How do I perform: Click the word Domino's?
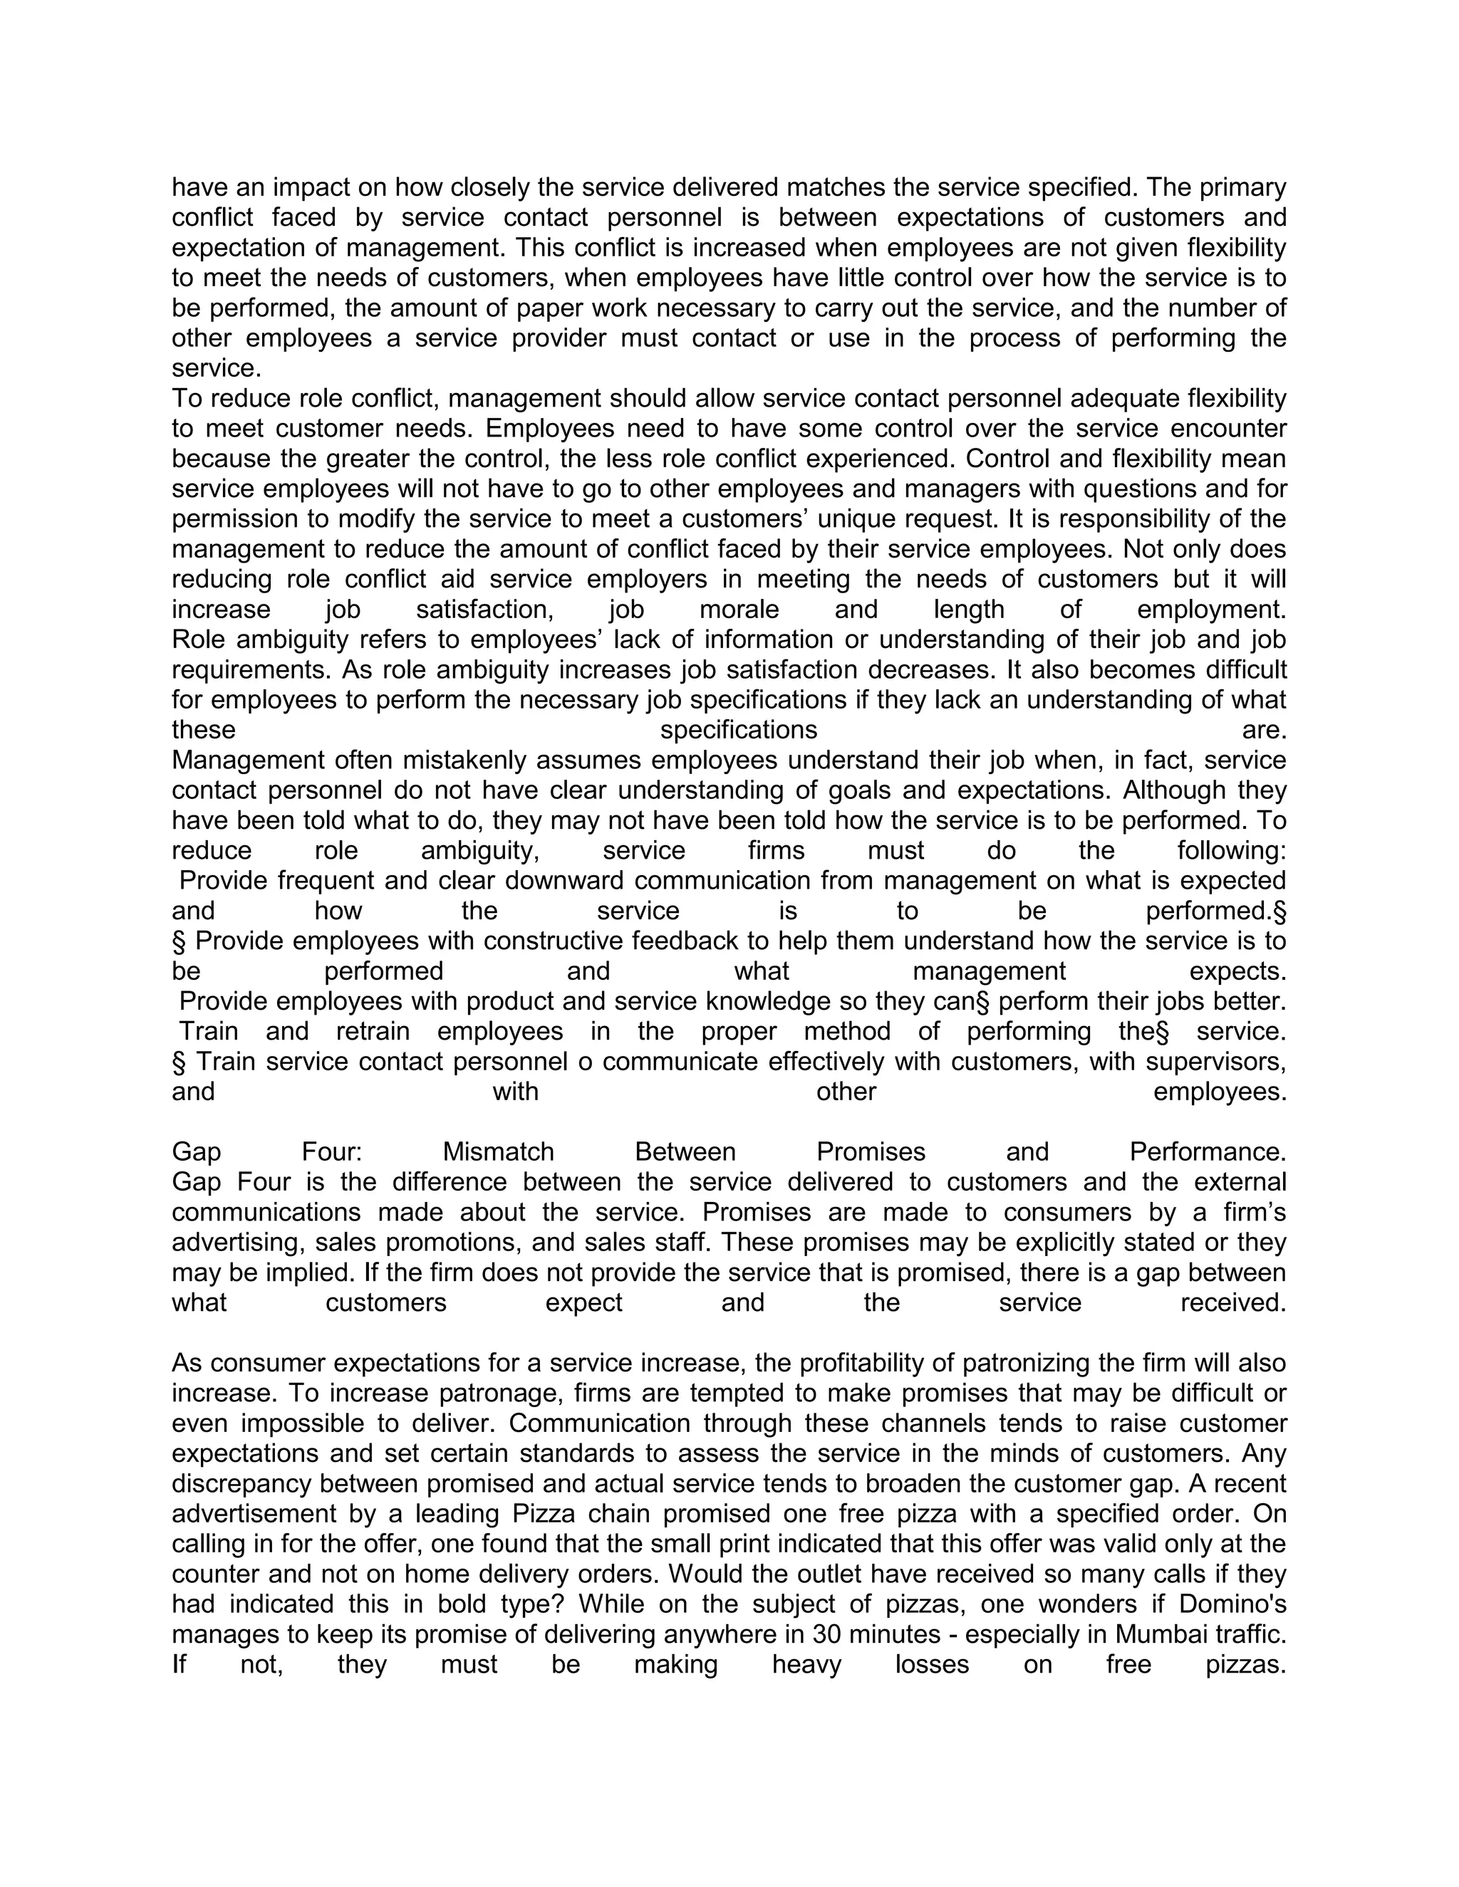tap(1233, 1604)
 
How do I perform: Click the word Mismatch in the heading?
tap(498, 1151)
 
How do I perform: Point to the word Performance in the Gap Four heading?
tap(1208, 1151)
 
